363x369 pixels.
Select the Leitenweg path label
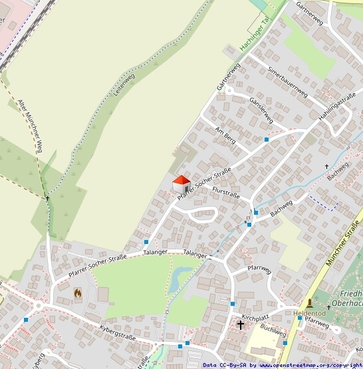pyautogui.click(x=124, y=84)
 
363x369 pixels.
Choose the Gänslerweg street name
pyautogui.click(x=261, y=110)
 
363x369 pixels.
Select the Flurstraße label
pyautogui.click(x=225, y=193)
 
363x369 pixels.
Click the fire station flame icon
pyautogui.click(x=78, y=292)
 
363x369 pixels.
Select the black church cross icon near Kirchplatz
pyautogui.click(x=241, y=325)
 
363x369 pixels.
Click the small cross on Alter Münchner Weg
pyautogui.click(x=48, y=198)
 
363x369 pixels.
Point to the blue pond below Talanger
pyautogui.click(x=180, y=278)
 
